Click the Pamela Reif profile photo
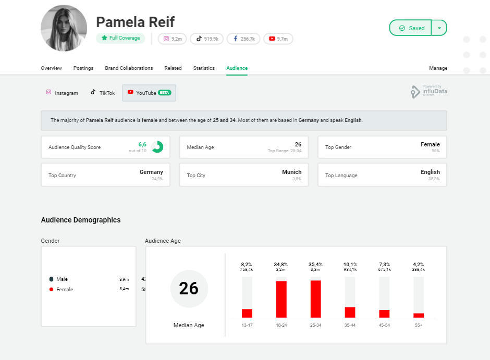pos(64,28)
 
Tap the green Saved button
pos(411,28)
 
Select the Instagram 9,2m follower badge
pos(172,39)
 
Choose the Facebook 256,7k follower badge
pos(243,39)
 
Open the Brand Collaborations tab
pos(129,68)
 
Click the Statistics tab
pos(204,68)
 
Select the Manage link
pos(438,68)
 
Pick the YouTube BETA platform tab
pos(149,93)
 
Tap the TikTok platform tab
pos(103,93)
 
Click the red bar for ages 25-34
pos(315,299)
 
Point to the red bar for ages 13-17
pos(247,313)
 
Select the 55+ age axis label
pos(419,325)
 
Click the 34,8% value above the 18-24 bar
pos(281,264)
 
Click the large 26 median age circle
pos(189,289)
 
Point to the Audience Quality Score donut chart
pos(157,147)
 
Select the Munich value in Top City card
pos(292,172)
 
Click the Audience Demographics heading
pos(81,220)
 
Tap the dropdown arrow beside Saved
pos(439,28)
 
